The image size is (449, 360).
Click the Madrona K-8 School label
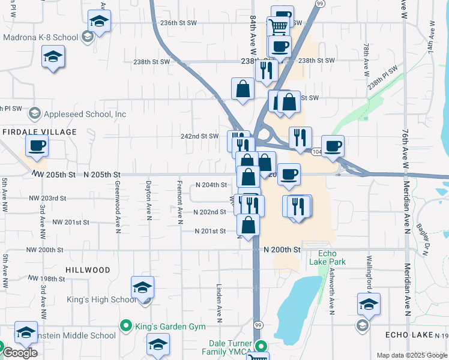pyautogui.click(x=40, y=37)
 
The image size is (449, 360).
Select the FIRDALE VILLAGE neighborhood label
pyautogui.click(x=40, y=132)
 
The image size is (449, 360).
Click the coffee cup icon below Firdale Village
pyautogui.click(x=37, y=145)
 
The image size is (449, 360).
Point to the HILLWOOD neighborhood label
pyautogui.click(x=88, y=271)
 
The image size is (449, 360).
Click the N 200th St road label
pyautogui.click(x=282, y=249)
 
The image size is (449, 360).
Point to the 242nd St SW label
pyautogui.click(x=200, y=136)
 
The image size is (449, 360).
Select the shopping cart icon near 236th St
pyautogui.click(x=278, y=26)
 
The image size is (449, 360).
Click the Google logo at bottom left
pyautogui.click(x=20, y=353)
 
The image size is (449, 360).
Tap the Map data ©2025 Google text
pyautogui.click(x=411, y=355)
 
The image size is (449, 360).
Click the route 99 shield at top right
pyautogui.click(x=320, y=4)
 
